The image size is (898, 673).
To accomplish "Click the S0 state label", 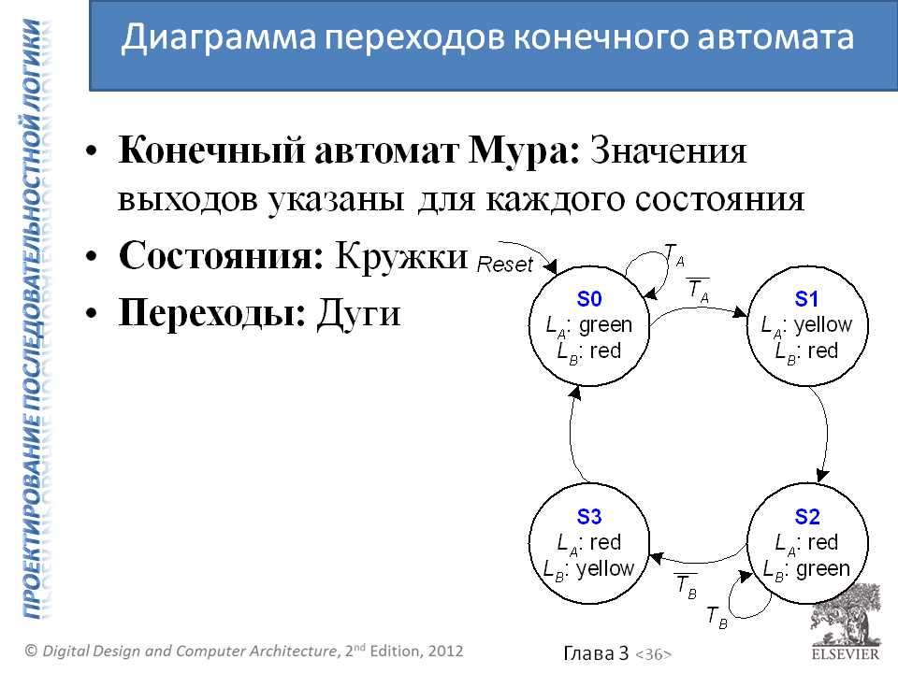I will click(589, 299).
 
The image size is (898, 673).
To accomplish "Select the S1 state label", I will click(806, 299).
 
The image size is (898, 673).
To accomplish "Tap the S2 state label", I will click(806, 517).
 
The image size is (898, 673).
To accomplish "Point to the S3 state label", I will click(589, 517).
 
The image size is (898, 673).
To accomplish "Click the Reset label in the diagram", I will click(504, 265).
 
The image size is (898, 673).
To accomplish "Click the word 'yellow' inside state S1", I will click(822, 325).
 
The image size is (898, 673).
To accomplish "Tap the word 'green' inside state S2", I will click(822, 568).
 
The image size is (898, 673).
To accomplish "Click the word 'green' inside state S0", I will click(605, 325).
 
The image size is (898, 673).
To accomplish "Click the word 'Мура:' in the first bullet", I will click(532, 151).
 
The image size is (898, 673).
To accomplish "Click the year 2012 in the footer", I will click(444, 650).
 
